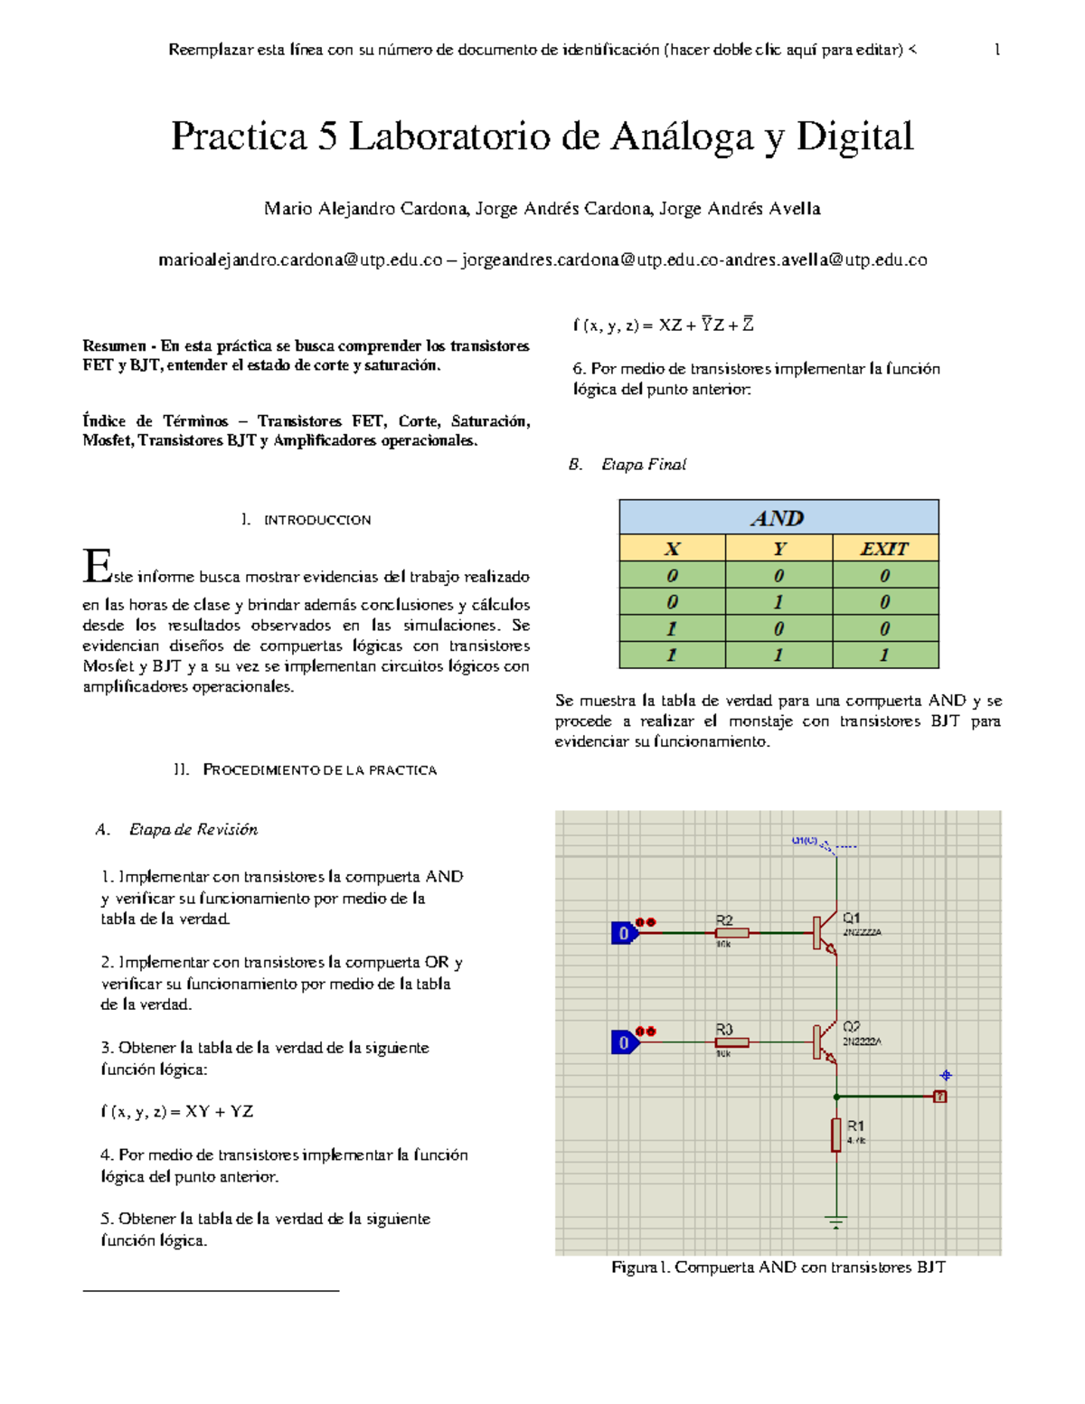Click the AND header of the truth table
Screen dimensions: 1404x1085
coord(778,518)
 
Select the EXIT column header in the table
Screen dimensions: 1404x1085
coord(884,549)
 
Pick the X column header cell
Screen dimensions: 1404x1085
coord(672,549)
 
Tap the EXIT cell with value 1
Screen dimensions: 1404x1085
coord(884,655)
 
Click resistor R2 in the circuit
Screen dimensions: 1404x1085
coord(731,932)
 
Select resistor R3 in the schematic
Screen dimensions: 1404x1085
coord(731,1041)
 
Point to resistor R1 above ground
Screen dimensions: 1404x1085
coord(836,1135)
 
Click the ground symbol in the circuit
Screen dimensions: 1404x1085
coord(836,1222)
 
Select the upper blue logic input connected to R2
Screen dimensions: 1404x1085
coord(624,933)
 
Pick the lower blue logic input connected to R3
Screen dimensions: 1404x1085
coord(624,1042)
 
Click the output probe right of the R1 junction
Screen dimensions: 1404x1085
coord(940,1096)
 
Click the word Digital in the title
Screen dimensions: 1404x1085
coord(854,137)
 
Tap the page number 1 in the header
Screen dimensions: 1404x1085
coord(996,50)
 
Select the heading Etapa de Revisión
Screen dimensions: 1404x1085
coord(193,829)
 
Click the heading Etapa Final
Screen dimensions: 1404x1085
coord(643,465)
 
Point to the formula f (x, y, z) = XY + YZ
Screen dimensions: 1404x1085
coord(177,1111)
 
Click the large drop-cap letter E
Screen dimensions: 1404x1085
coord(97,566)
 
